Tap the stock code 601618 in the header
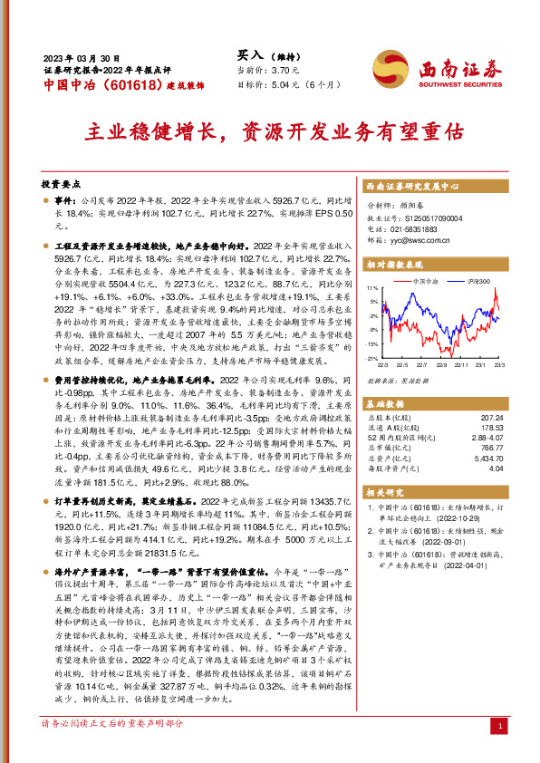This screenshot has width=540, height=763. pyautogui.click(x=115, y=85)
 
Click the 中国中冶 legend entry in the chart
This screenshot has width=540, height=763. pyautogui.click(x=426, y=282)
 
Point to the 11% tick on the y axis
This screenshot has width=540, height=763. pyautogui.click(x=372, y=287)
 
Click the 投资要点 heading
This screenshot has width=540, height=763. pyautogui.click(x=60, y=181)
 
